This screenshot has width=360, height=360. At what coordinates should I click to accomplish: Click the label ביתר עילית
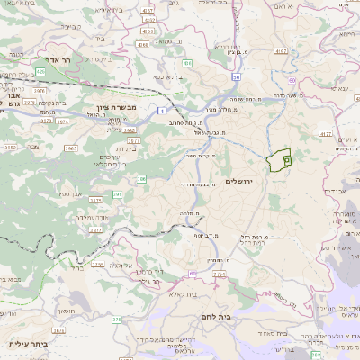point(26,343)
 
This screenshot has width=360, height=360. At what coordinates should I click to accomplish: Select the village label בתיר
point(78,266)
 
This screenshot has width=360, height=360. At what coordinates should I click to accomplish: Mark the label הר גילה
point(156,281)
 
